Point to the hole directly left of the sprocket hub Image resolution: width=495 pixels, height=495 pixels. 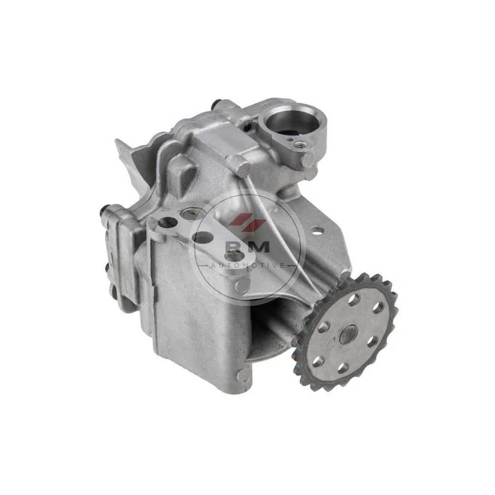[x=323, y=328]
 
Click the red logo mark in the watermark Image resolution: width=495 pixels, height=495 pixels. [x=247, y=220]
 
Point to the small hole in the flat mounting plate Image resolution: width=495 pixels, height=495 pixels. [x=316, y=230]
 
